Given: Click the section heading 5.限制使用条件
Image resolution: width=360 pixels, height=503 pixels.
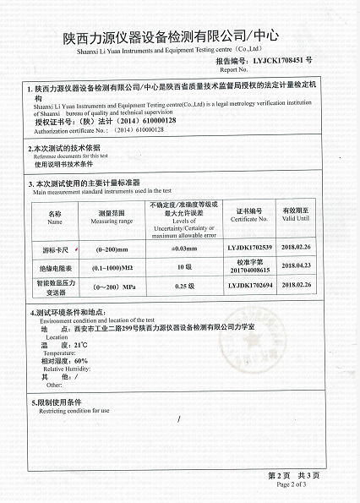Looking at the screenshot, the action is click(57, 402).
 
